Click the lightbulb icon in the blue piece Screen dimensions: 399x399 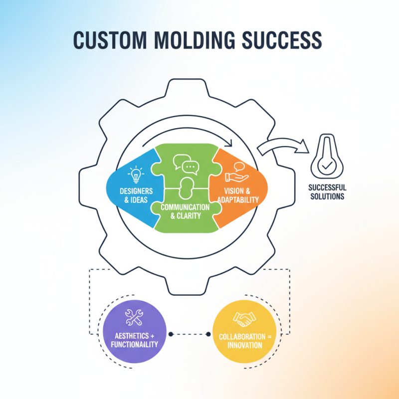[136, 175]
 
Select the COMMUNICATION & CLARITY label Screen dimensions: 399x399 [185, 211]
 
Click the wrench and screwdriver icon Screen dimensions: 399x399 [134, 316]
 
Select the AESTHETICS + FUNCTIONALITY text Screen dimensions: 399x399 [134, 340]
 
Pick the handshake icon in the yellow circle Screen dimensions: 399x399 [244, 318]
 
